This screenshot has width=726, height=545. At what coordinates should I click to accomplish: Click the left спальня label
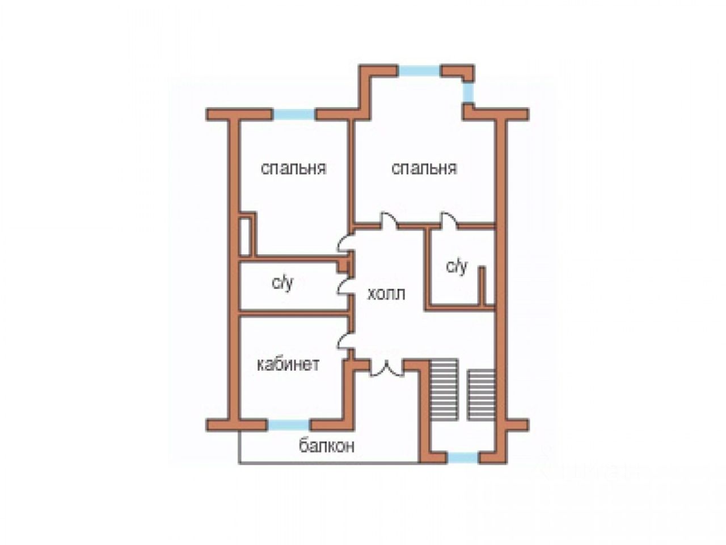point(293,169)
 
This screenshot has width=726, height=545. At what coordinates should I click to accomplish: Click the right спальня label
point(424,169)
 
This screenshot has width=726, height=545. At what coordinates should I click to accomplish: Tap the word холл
point(386,294)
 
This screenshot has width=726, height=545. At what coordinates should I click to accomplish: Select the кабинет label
point(288,364)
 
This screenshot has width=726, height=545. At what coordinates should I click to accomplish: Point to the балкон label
point(327,446)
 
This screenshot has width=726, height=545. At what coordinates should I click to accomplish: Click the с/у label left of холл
point(282,283)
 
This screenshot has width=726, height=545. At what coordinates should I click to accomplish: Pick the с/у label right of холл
point(457,266)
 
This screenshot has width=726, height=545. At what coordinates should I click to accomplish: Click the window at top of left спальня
point(294,114)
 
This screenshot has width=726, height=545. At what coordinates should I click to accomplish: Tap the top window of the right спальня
point(419,70)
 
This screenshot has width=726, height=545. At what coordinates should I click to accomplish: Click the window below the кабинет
point(289,425)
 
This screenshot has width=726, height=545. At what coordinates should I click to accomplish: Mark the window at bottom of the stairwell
point(462,458)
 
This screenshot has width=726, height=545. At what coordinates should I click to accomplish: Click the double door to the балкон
point(387,367)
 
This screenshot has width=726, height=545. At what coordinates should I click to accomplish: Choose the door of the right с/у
point(449,220)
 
